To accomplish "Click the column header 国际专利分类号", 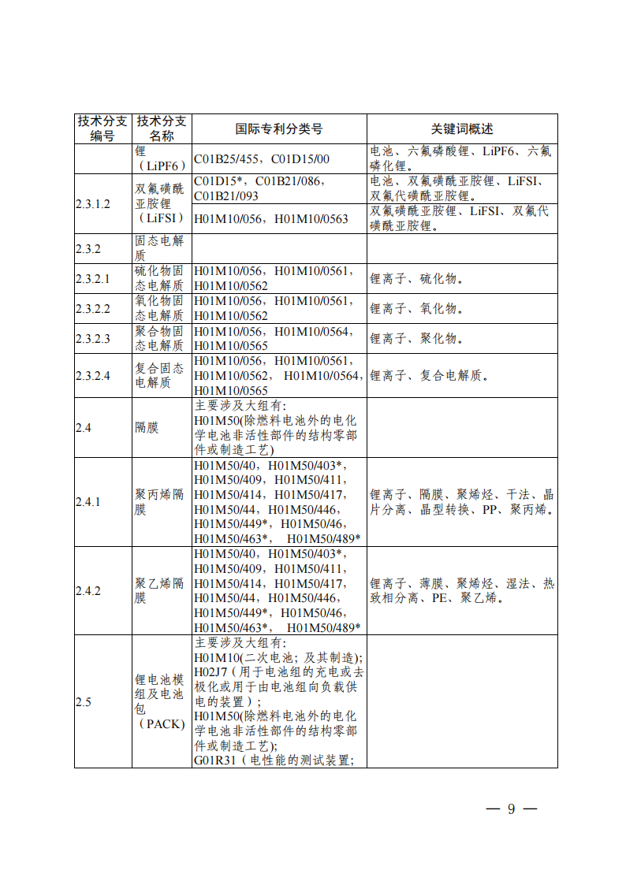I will pyautogui.click(x=279, y=129).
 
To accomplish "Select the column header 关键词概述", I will pyautogui.click(x=461, y=129).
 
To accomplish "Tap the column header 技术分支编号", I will pyautogui.click(x=102, y=128).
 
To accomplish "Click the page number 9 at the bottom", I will pyautogui.click(x=511, y=809).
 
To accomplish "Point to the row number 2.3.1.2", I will pyautogui.click(x=93, y=204).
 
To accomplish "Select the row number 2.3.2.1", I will pyautogui.click(x=93, y=279).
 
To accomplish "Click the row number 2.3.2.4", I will pyautogui.click(x=93, y=376).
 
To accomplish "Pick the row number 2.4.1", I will pyautogui.click(x=88, y=502).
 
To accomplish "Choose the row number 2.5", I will pyautogui.click(x=84, y=701).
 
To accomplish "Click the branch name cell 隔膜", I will pyautogui.click(x=147, y=428).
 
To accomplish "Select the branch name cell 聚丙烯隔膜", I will pyautogui.click(x=160, y=502).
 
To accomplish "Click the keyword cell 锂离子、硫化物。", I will pyautogui.click(x=416, y=279).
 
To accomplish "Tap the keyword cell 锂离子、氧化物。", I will pyautogui.click(x=416, y=309).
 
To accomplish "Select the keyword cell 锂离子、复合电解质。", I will pyautogui.click(x=429, y=376).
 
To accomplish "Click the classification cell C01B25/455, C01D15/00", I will pyautogui.click(x=262, y=159).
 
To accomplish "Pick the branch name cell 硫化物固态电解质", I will pyautogui.click(x=160, y=279).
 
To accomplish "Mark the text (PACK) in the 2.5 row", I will pyautogui.click(x=160, y=724).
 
